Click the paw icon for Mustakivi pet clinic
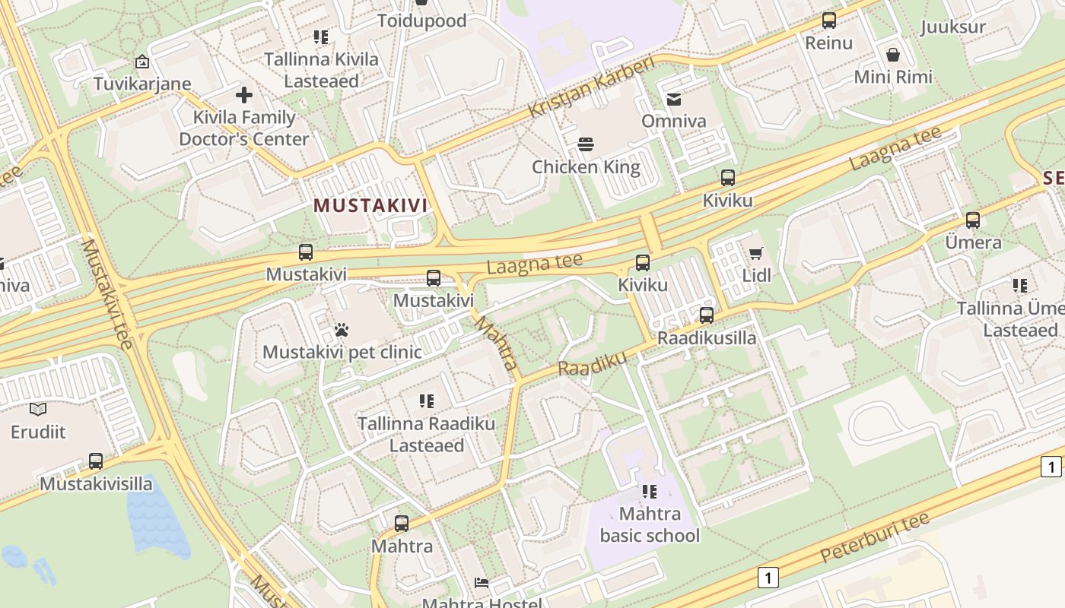tap(342, 330)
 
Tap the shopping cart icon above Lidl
tap(755, 253)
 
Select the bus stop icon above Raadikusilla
tap(707, 315)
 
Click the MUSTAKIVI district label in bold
tap(370, 205)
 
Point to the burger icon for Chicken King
tap(586, 144)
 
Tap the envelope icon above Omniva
tap(674, 99)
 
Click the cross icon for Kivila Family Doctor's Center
tap(244, 95)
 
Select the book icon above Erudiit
tap(38, 410)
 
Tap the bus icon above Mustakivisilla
tap(96, 461)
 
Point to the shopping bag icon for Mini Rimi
tap(893, 55)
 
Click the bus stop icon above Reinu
tap(829, 21)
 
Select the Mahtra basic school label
tap(650, 525)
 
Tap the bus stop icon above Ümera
tap(973, 220)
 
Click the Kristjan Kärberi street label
tap(591, 87)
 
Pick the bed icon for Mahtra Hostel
tap(482, 583)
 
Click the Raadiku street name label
tap(593, 363)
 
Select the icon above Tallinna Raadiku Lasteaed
tap(427, 401)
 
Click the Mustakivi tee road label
tap(107, 293)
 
